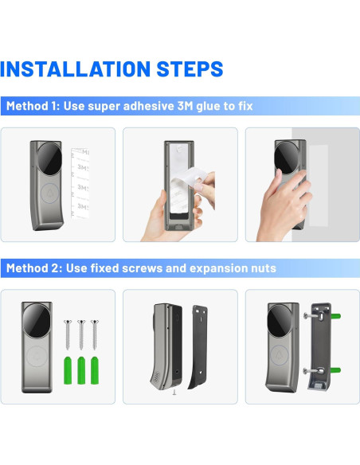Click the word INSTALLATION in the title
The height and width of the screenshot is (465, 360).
pos(76,68)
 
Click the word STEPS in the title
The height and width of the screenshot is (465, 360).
pos(190,68)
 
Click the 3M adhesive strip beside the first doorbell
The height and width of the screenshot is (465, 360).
pos(80,184)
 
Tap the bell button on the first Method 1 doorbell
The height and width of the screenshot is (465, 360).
pos(49,193)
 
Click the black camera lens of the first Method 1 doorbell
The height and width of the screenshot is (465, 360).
pos(49,158)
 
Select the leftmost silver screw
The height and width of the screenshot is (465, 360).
pos(68,334)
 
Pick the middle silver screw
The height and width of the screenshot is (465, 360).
pos(81,334)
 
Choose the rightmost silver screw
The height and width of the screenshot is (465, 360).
pos(95,334)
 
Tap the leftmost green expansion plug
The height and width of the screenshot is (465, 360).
pos(68,370)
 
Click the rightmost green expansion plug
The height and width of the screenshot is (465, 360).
pos(95,370)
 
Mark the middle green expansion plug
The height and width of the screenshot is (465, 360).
pos(81,370)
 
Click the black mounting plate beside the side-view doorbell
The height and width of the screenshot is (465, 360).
pos(198,347)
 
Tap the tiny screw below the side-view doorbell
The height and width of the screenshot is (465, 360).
pos(174,393)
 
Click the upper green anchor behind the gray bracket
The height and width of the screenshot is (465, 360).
pos(335,316)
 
